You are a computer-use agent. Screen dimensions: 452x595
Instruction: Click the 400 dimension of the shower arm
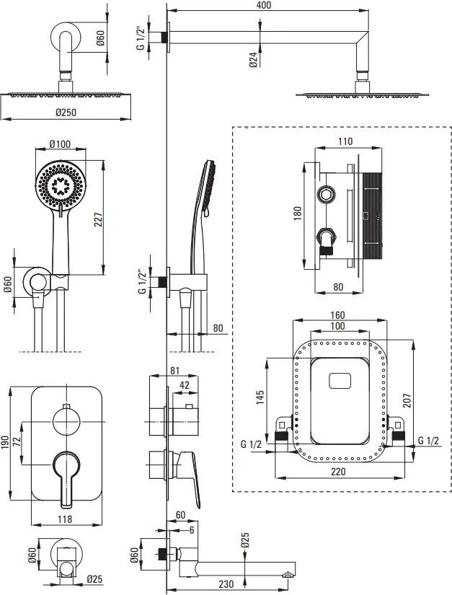point(264,5)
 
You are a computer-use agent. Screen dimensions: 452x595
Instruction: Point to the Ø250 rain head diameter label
point(66,113)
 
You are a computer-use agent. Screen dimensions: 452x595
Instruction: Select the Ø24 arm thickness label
point(253,60)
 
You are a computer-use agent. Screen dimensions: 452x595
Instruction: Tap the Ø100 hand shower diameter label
point(60,144)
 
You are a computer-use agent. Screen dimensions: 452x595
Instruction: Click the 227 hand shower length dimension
point(99,219)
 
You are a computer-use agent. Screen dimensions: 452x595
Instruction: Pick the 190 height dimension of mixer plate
point(4,443)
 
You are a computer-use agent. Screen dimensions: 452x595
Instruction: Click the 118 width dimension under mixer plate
point(65,519)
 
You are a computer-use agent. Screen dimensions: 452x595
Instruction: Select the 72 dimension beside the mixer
point(17,442)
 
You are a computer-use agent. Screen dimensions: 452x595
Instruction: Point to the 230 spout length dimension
point(226,583)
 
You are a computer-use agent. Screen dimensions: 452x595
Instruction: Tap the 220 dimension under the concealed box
point(338,472)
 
